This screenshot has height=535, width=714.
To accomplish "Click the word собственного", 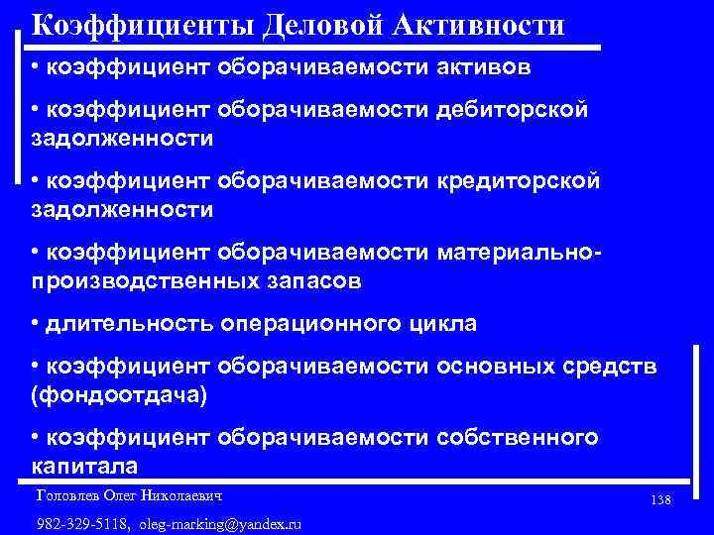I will click(x=516, y=438).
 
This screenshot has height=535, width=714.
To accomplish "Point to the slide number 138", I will click(x=661, y=500).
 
